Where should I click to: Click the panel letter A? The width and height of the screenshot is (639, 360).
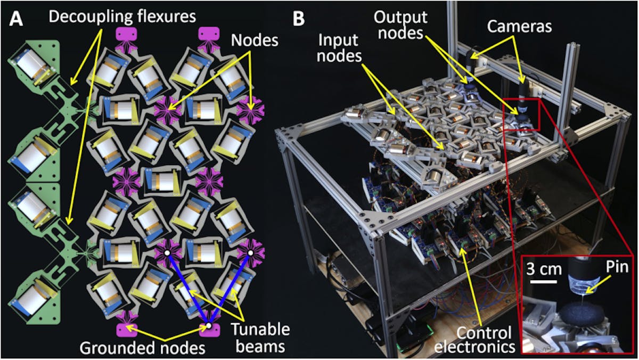point(16,19)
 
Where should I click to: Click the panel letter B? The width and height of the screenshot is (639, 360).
point(299,19)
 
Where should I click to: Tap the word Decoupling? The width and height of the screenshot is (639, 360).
point(87,17)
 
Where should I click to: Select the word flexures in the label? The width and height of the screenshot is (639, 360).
point(162,17)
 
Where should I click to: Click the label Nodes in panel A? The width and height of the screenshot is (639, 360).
point(255,40)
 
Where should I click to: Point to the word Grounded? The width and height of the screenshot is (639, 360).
point(112,348)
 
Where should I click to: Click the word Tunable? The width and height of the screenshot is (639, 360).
point(260,330)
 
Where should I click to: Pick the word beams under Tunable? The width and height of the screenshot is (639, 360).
point(260,346)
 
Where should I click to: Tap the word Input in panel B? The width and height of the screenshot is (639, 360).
point(338,40)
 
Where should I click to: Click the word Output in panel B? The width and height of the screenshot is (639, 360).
point(400,17)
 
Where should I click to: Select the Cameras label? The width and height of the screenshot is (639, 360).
point(519,27)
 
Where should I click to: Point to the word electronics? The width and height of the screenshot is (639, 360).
point(474,347)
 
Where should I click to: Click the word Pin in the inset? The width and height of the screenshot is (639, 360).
point(617,267)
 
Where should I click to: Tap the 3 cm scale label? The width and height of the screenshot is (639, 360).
point(544,269)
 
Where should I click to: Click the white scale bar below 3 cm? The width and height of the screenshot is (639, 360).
point(544,282)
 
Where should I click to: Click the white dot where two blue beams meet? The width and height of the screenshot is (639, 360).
point(209,325)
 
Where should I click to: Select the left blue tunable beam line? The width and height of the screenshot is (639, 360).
point(188,289)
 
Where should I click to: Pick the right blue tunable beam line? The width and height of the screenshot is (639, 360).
point(230,289)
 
